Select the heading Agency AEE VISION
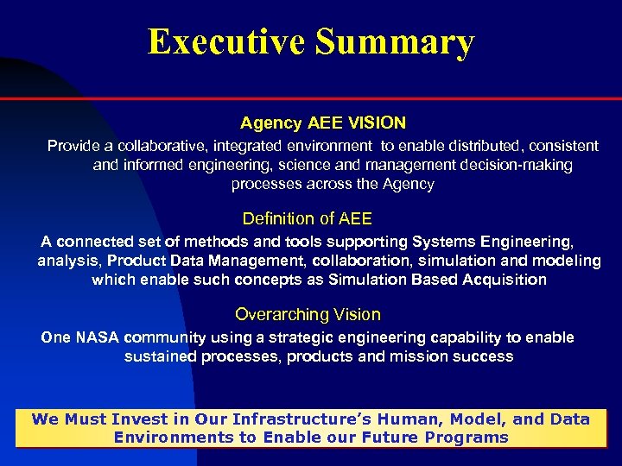[x=323, y=123]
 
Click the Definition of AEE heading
[x=308, y=219]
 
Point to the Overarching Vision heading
[x=308, y=315]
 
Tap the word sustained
[x=160, y=356]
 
